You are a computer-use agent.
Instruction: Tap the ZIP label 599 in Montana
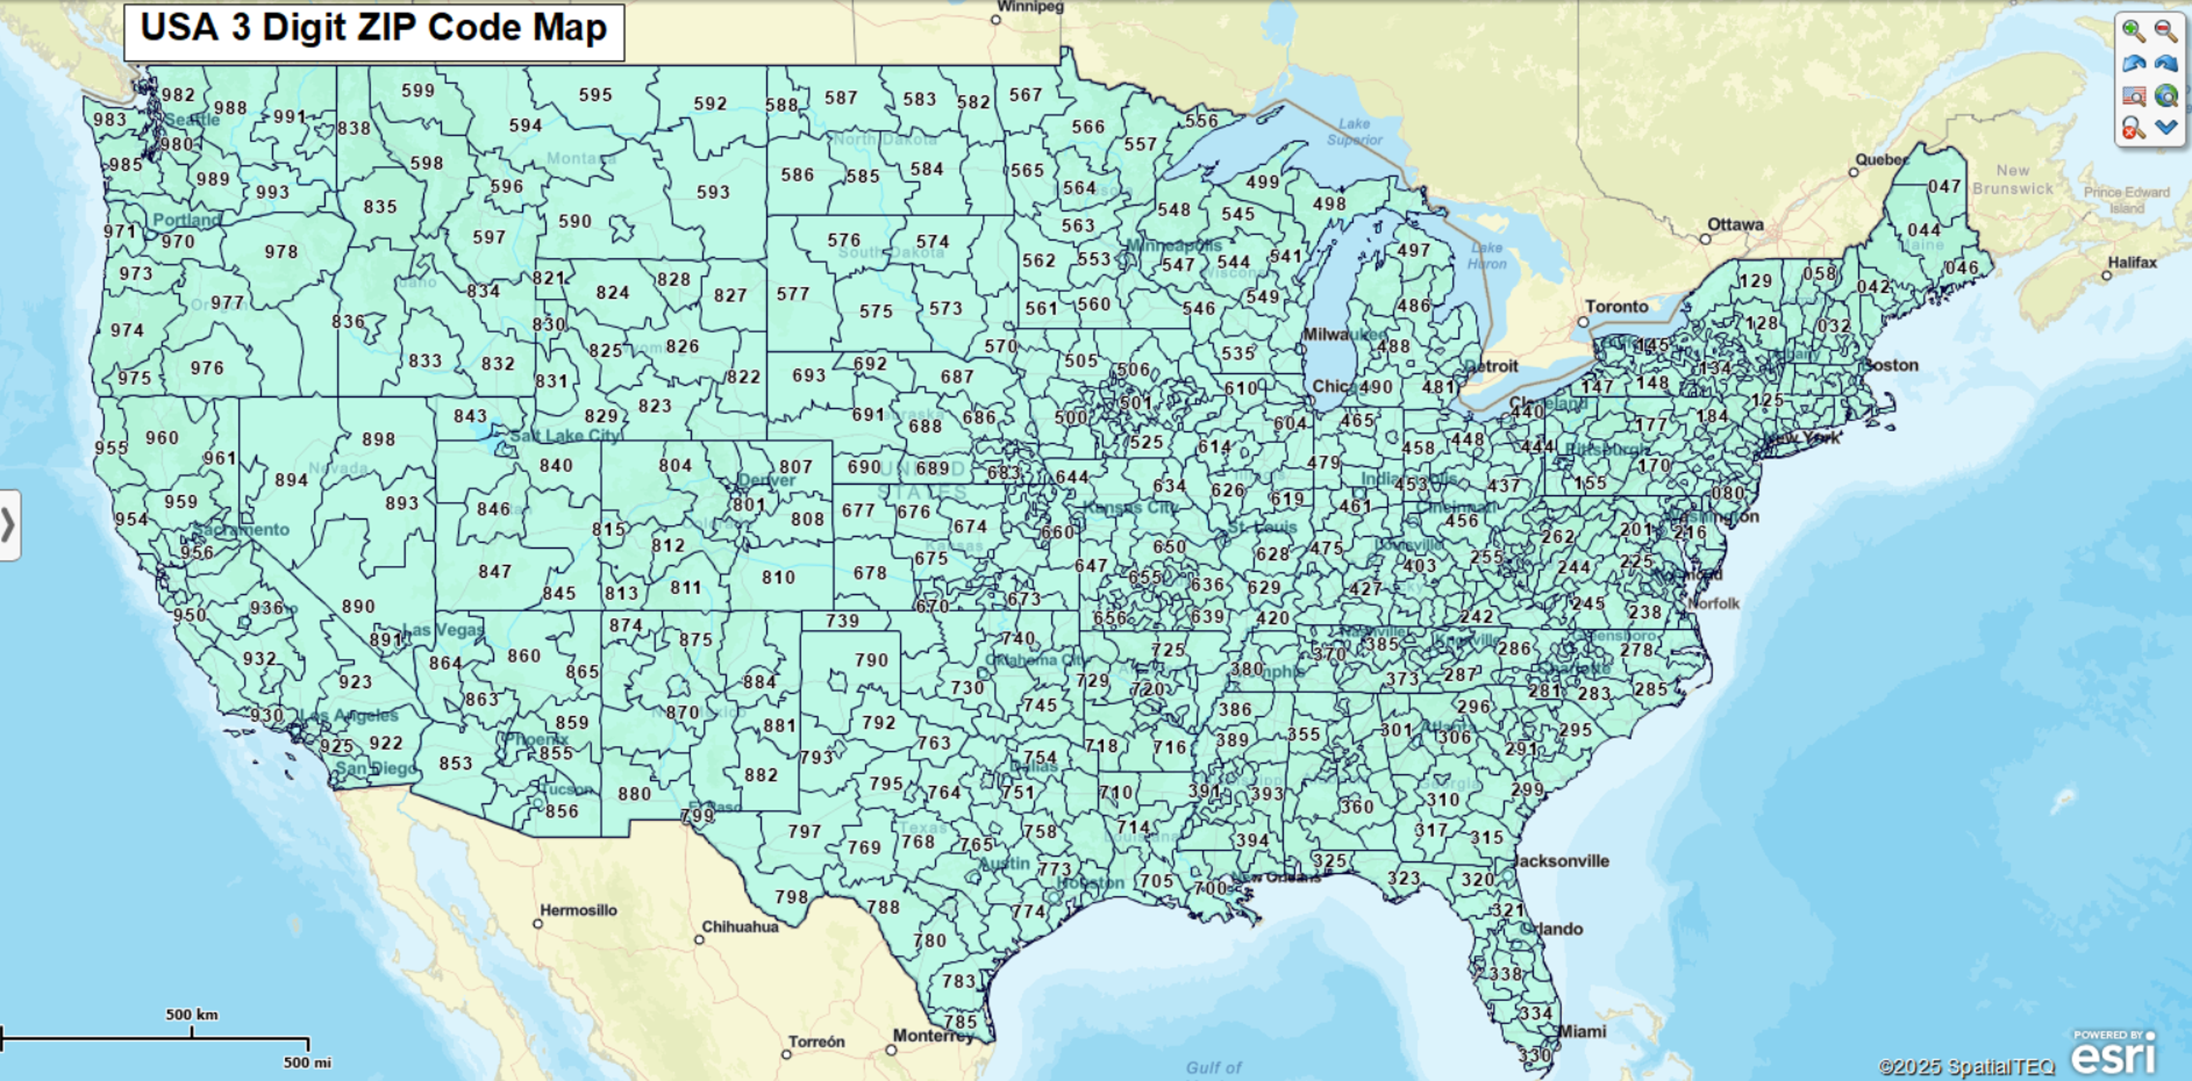click(418, 90)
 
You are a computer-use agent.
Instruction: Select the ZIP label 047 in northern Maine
click(1944, 185)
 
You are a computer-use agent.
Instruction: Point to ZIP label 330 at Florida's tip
click(1535, 1055)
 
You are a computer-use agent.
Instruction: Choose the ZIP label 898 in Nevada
click(379, 439)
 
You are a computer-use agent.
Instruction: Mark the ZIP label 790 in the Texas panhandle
click(872, 660)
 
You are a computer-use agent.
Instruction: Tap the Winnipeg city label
click(1030, 7)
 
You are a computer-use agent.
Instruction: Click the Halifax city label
click(2133, 263)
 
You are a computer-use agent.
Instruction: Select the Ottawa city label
click(1736, 224)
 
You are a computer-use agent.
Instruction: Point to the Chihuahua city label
click(740, 926)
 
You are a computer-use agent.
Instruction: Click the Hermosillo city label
click(579, 910)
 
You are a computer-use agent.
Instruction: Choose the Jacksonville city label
click(1562, 861)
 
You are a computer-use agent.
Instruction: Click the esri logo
click(2114, 1055)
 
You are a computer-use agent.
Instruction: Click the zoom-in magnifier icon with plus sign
click(2133, 31)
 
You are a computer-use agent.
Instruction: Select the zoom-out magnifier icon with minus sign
click(2166, 31)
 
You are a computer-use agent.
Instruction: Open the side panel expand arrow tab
click(9, 525)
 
